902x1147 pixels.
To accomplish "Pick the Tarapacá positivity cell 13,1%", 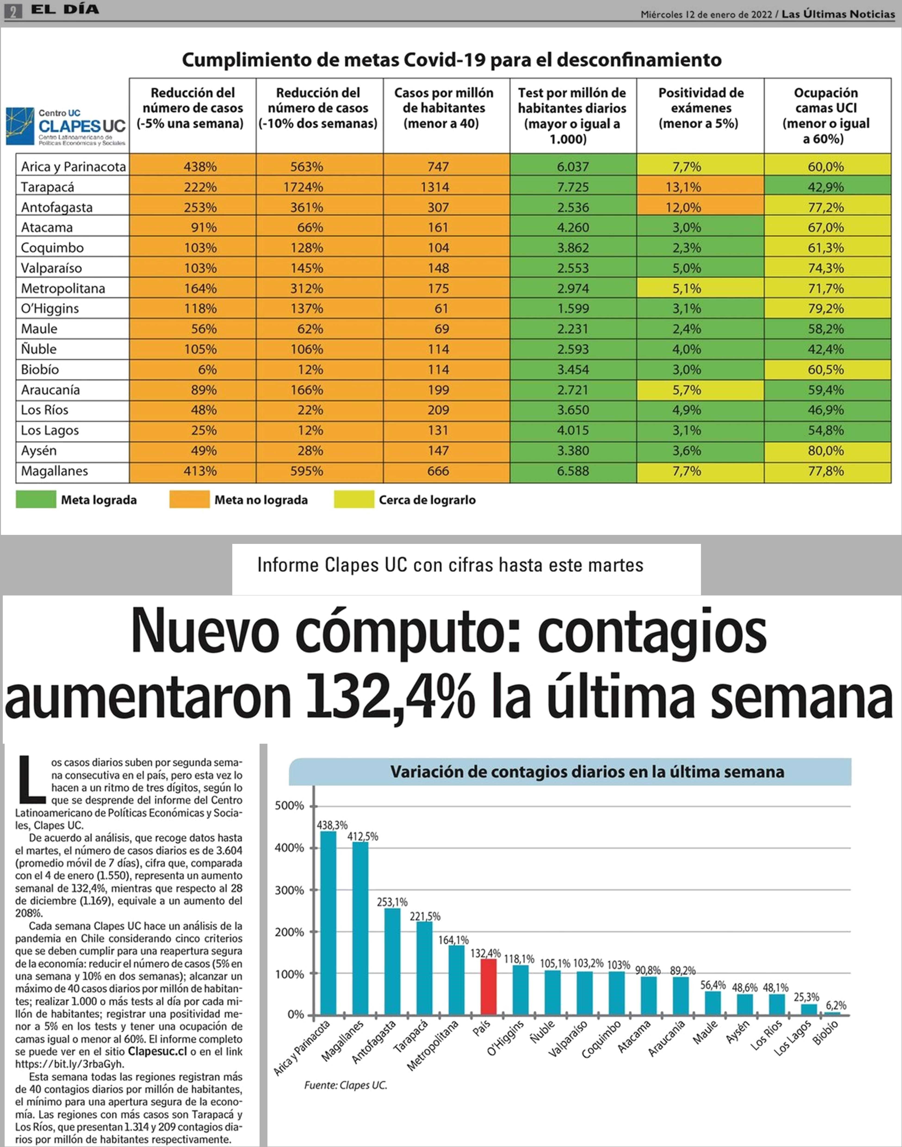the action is click(x=700, y=187).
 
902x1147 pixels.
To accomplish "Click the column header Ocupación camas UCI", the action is click(x=827, y=116).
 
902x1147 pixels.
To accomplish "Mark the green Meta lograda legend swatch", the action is click(x=36, y=499).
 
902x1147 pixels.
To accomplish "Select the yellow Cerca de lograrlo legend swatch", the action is click(x=354, y=499).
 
